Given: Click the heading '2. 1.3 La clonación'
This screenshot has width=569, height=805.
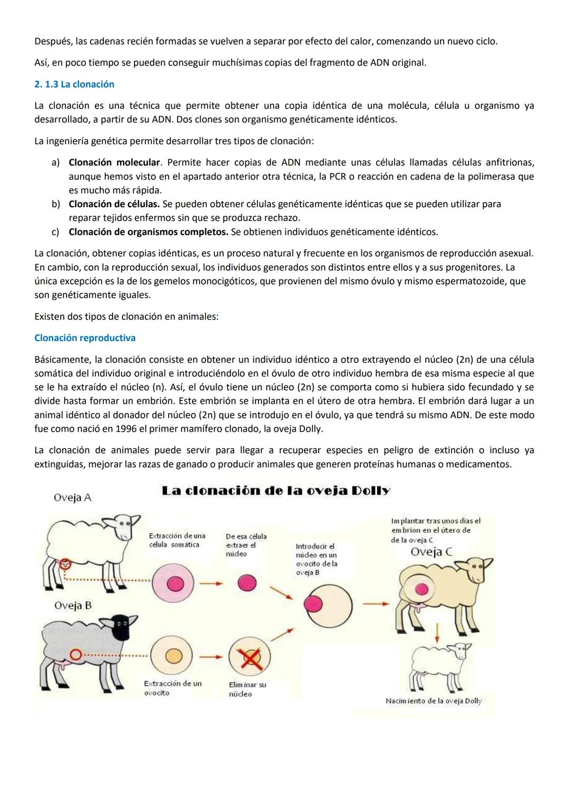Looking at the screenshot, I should click(x=74, y=84).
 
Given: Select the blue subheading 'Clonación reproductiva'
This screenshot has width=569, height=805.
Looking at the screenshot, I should click(x=85, y=338).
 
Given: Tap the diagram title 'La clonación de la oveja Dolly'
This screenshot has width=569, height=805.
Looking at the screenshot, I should click(x=276, y=491).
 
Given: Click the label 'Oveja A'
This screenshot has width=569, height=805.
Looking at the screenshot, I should click(x=73, y=498).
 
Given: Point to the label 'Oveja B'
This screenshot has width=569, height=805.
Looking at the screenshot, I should click(x=73, y=606).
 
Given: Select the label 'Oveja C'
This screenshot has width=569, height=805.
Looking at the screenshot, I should click(x=431, y=552).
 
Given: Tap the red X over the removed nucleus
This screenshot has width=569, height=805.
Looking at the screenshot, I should click(x=250, y=657).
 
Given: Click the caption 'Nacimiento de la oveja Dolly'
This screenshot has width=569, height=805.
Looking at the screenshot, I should click(x=433, y=701).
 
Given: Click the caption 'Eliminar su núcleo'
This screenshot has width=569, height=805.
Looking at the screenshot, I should click(x=247, y=690).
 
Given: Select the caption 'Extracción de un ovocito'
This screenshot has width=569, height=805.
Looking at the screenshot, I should click(x=172, y=688).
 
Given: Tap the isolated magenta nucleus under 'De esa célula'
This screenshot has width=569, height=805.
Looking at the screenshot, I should click(x=247, y=583).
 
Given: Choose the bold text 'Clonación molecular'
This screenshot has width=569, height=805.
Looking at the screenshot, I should click(x=114, y=162).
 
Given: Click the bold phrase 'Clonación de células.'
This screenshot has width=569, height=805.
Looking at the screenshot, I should click(x=114, y=204).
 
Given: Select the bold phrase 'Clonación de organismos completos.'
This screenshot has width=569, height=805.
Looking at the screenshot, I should click(x=149, y=232).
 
